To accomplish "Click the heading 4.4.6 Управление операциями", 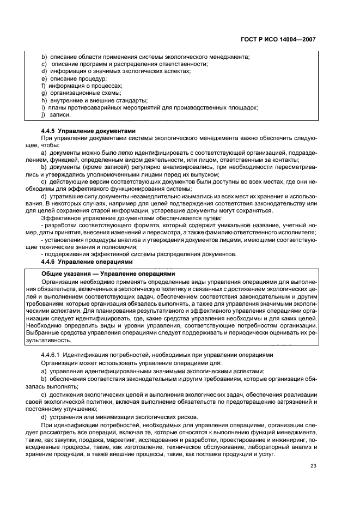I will pyautogui.click(x=87, y=262).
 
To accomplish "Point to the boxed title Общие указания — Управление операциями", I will pyautogui.click(x=109, y=273).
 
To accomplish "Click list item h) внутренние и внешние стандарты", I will pyautogui.click(x=94, y=100).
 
